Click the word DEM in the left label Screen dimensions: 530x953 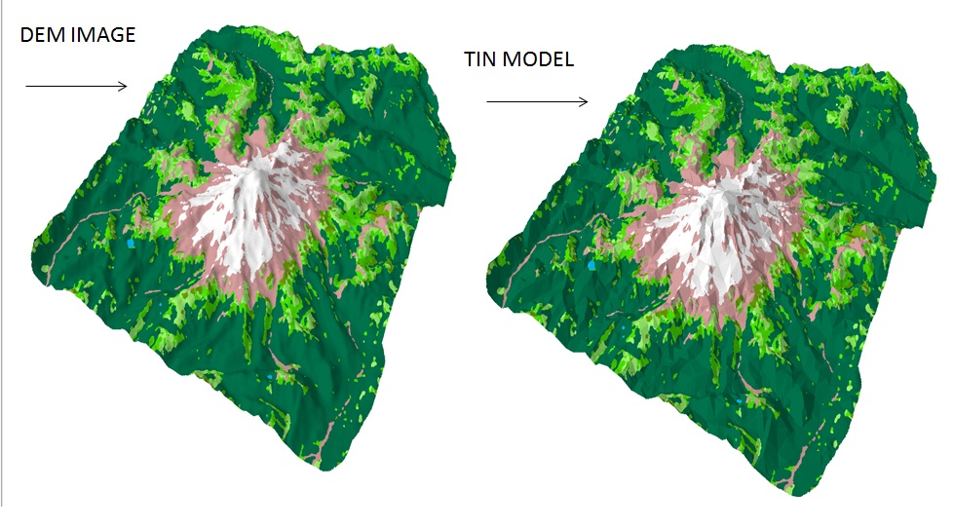41,35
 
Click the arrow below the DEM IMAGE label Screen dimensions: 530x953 76,86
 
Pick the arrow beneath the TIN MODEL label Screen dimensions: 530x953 537,101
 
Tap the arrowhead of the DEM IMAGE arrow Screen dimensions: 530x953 123,86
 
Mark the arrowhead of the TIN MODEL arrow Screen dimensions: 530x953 584,101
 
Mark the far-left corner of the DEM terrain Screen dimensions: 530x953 33,239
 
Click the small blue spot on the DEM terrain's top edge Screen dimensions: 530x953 379,49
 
